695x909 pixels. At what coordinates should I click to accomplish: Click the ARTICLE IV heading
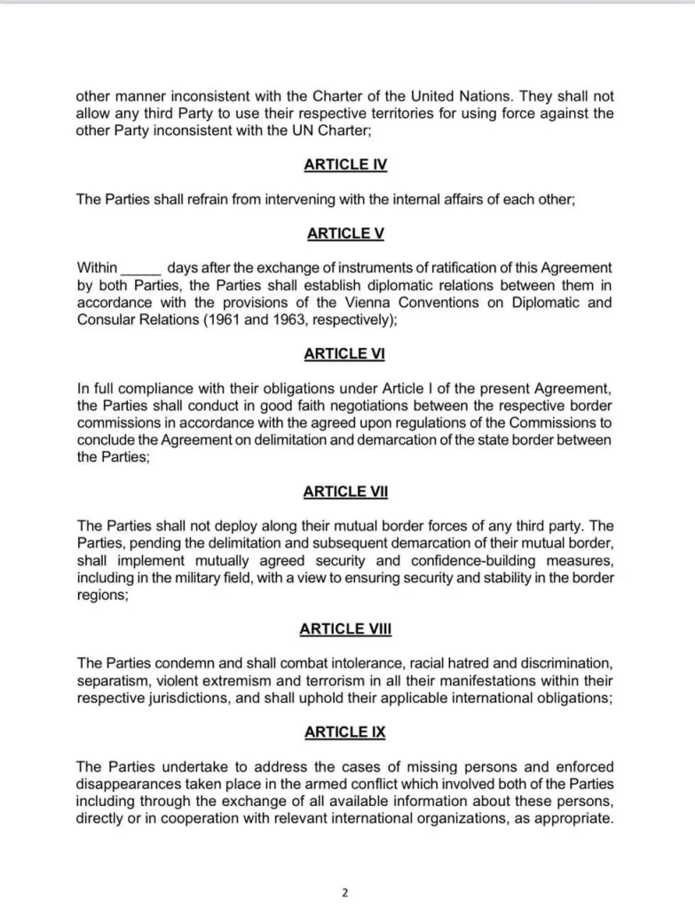345,164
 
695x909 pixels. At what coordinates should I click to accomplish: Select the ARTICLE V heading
345,233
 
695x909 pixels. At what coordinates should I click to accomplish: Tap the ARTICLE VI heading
345,353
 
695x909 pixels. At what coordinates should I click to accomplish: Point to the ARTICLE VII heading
345,491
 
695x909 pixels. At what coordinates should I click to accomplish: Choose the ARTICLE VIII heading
345,628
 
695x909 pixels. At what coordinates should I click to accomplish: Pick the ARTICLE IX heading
345,732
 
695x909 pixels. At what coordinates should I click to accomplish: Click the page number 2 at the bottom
344,893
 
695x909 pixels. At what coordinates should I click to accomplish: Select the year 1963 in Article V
297,320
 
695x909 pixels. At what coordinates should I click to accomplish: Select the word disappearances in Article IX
129,784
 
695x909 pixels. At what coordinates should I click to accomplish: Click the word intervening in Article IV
274,200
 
